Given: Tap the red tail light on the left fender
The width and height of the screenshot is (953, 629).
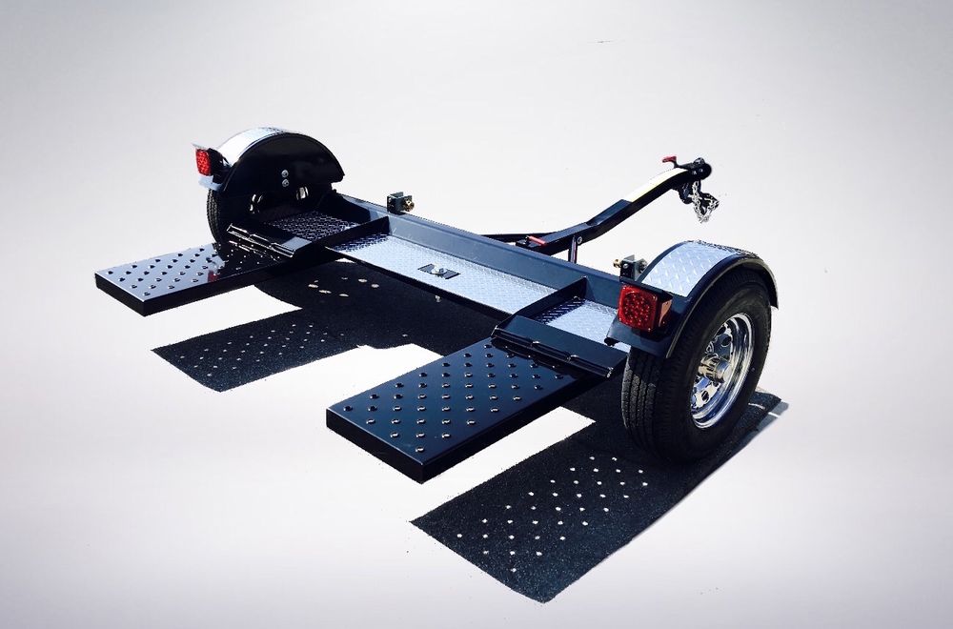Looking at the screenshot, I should (203, 161).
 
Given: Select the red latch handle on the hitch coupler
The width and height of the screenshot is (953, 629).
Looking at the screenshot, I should (671, 162).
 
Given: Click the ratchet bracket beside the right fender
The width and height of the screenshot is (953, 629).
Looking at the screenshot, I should (632, 266).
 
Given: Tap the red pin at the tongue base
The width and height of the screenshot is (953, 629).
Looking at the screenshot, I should (536, 241).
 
